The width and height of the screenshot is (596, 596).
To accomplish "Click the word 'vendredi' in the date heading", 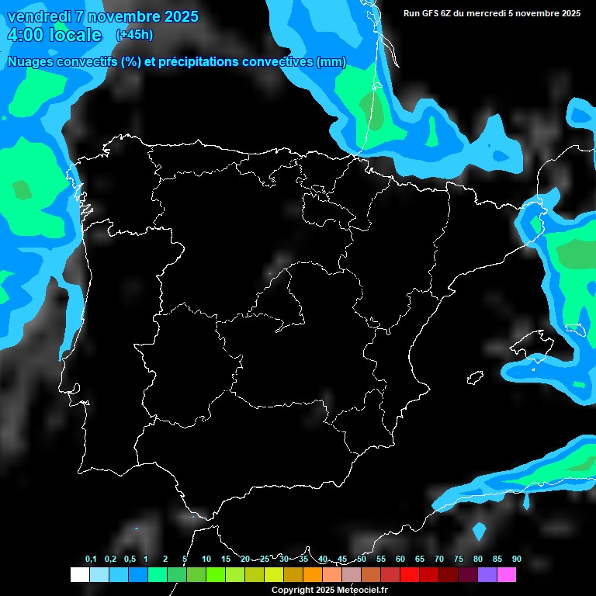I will point(38,16).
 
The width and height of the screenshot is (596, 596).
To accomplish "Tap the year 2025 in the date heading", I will point(178,16).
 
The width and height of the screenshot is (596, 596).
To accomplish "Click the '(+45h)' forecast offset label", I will point(134,34).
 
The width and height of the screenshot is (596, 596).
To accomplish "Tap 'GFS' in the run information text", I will point(431,13).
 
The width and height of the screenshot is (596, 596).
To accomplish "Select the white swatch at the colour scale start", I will point(79,575).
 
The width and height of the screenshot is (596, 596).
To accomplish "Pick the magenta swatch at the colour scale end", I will point(507,575).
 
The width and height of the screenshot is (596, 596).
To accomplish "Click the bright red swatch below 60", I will point(410,575).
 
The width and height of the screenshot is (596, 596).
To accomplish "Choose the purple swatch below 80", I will point(487,575).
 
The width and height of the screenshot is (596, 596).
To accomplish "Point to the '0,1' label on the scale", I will point(91,560).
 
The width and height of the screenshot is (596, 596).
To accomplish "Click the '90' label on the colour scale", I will point(517,560).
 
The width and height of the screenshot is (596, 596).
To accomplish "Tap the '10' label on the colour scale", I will point(206,560).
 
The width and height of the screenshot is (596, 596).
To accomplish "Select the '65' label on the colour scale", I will point(420,560).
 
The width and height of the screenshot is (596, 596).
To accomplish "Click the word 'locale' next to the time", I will point(75,35).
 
